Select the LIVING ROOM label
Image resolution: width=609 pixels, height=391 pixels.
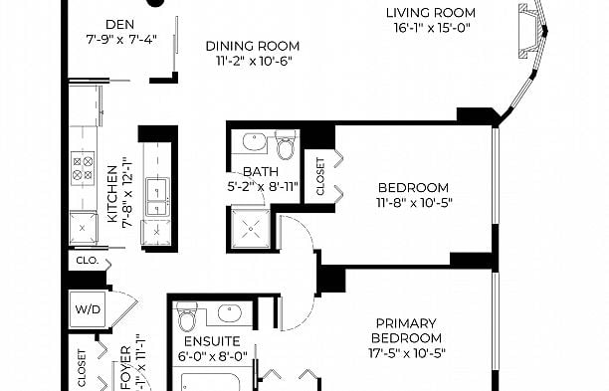coord(431,13)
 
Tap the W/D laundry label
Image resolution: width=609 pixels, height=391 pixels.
coord(87,309)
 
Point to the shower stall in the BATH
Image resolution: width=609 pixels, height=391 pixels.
coord(252,229)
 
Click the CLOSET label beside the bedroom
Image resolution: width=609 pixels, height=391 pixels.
coord(319,176)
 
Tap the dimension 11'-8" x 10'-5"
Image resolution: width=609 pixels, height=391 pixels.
coord(413,203)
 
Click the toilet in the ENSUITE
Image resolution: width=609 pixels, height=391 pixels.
coord(186,320)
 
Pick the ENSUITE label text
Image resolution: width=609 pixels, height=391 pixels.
coord(204,340)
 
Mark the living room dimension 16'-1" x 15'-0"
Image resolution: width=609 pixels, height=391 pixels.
coord(431,29)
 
